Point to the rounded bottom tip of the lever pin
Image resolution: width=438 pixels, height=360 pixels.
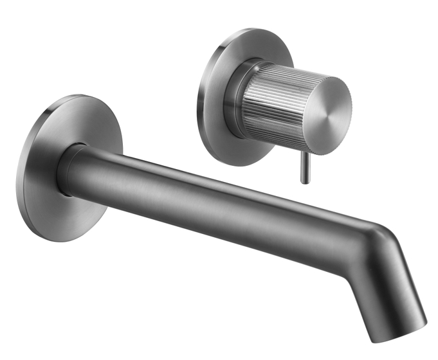(305, 182)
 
